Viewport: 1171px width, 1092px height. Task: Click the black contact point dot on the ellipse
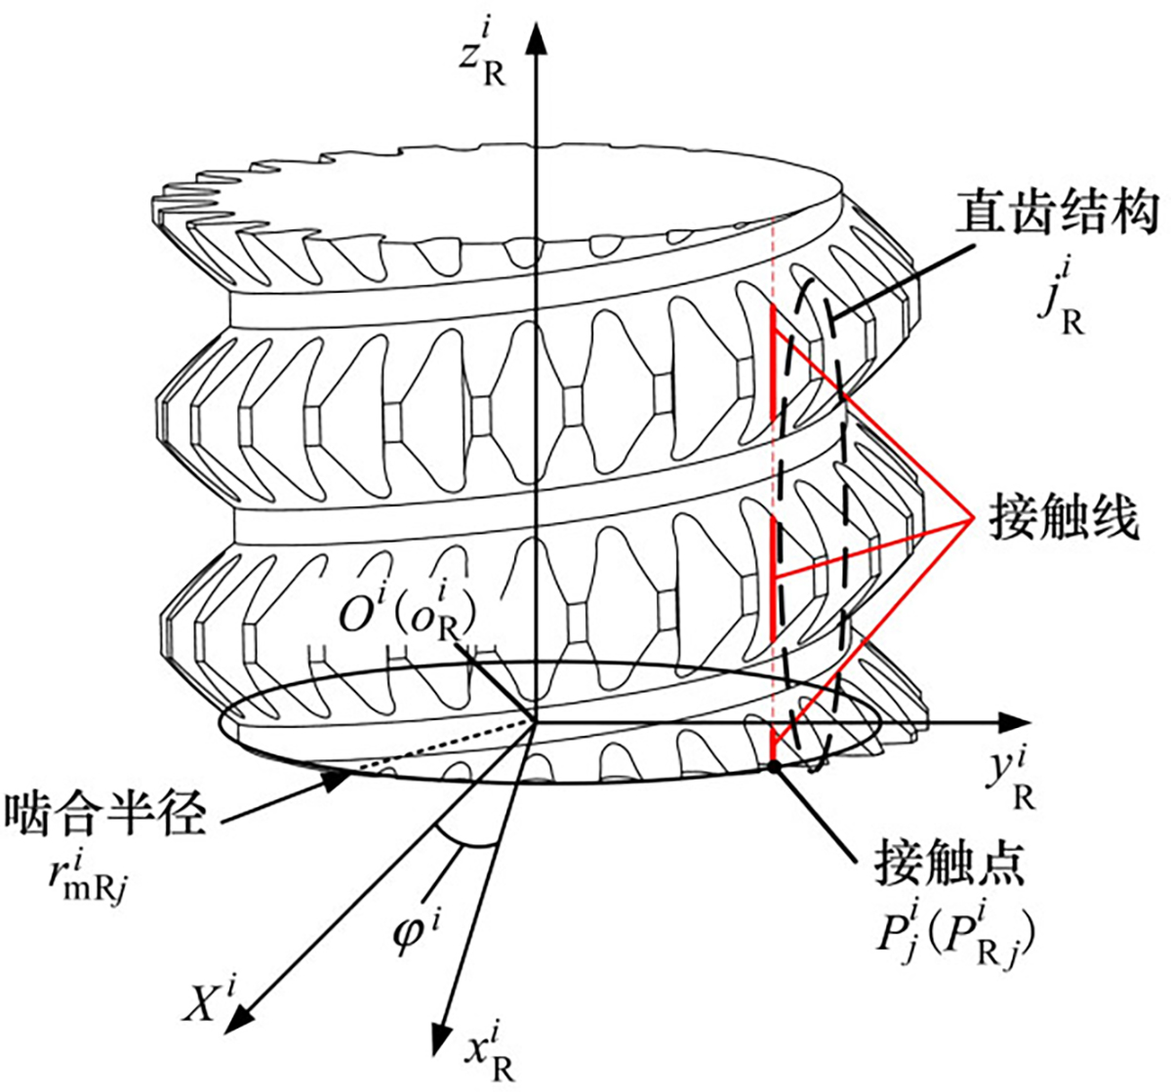[x=773, y=767]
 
